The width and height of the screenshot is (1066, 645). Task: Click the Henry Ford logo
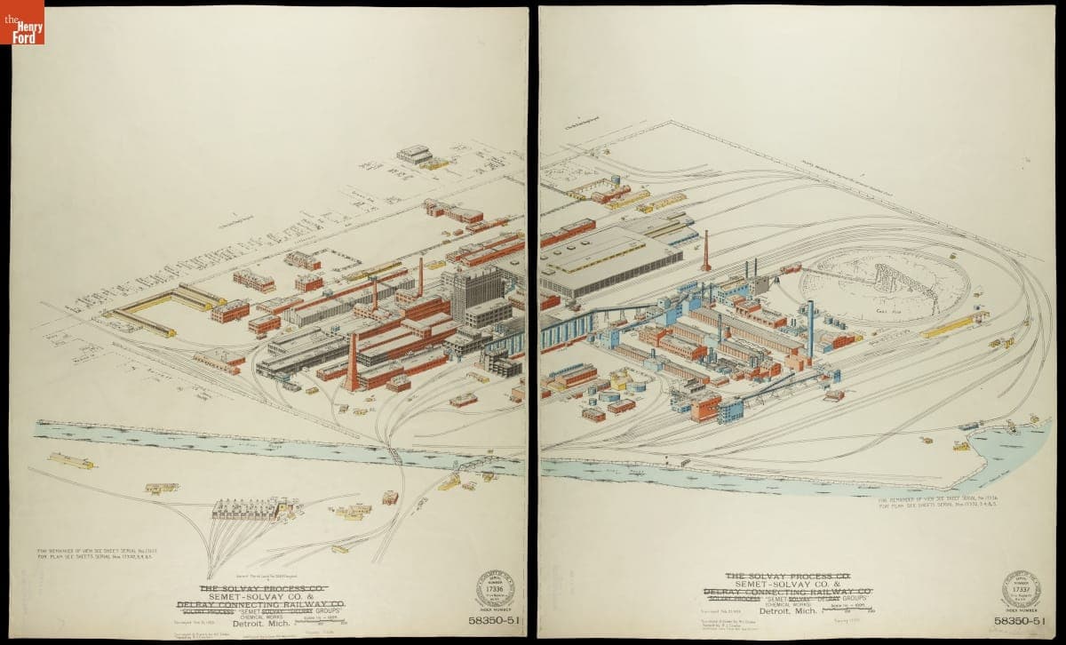click(x=21, y=22)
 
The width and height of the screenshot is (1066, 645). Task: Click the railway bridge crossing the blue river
click(x=393, y=454)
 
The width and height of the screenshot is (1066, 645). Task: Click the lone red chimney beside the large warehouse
click(x=706, y=251)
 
